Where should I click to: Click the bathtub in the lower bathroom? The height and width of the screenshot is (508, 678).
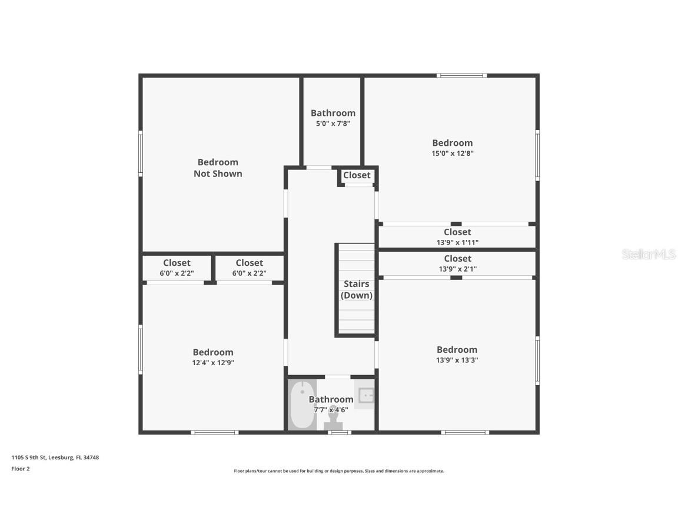coord(302,405)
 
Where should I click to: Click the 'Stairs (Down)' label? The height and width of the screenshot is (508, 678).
coord(357,290)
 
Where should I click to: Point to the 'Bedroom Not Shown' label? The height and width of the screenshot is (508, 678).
coord(218,168)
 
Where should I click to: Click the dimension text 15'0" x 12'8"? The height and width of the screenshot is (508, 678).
coord(453,153)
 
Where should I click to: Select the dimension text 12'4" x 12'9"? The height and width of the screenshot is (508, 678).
coord(213,363)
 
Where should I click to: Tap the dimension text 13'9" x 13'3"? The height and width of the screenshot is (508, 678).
coord(457,360)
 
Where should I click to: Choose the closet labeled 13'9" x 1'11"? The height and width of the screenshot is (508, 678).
coord(457,237)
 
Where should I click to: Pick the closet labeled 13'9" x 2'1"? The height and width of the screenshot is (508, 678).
coord(457,263)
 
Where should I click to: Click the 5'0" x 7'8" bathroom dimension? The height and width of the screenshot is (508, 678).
coord(333,123)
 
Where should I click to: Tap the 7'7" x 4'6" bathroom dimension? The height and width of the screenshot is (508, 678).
coord(331,410)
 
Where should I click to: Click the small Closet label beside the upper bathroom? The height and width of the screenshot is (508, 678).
coord(357,175)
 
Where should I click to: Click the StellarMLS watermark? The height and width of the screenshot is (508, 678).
coord(649,255)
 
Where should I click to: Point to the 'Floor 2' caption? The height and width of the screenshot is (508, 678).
coord(21,469)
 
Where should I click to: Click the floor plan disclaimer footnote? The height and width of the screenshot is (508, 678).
coord(339,471)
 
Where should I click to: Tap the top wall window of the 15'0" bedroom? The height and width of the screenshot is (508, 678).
coord(461,75)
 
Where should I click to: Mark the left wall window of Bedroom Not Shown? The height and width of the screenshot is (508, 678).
coord(141,153)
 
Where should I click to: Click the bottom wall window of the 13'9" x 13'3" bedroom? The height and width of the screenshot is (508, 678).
coord(465,433)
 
